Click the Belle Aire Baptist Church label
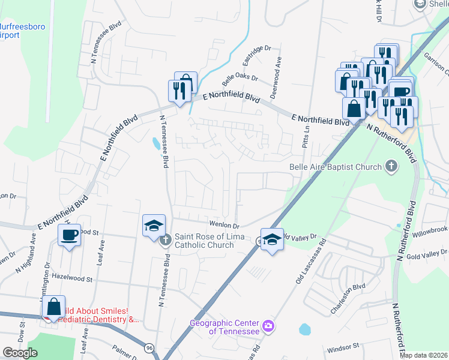pos(336,167)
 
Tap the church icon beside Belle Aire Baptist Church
pos(391,166)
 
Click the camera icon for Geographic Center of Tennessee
pos(268,326)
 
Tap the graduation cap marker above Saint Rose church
pos(153,226)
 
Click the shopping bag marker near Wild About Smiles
pos(54,307)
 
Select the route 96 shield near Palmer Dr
pos(149,347)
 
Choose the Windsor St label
pos(343,347)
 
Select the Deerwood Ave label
pos(276,70)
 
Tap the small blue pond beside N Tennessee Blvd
pos(156,143)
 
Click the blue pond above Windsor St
pos(305,329)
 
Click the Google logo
pos(20,353)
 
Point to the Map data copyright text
pos(424,355)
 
